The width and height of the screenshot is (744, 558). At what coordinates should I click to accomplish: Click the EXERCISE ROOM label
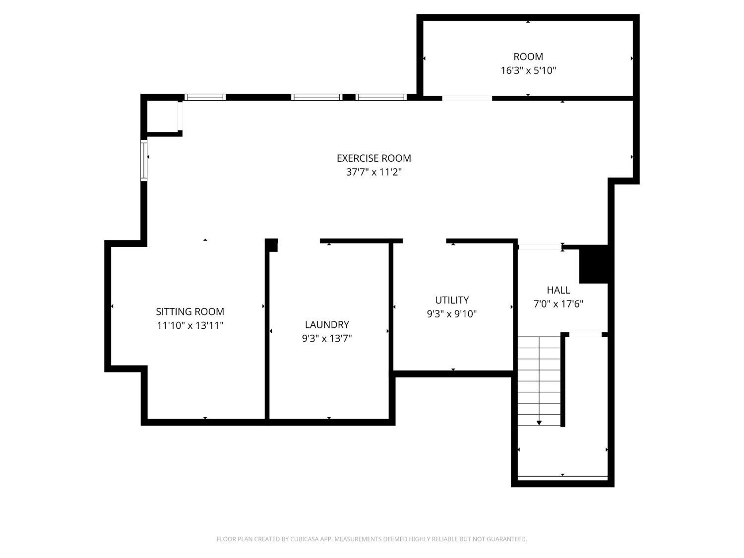tap(373, 158)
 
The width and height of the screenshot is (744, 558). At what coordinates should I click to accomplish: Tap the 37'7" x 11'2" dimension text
tap(373, 172)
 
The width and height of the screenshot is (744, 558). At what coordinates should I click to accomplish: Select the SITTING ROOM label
tap(190, 311)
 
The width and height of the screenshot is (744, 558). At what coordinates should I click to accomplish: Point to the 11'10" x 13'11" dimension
tap(190, 325)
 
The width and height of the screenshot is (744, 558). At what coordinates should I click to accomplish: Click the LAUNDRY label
tap(327, 324)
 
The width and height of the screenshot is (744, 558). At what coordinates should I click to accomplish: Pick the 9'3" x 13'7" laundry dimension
tap(327, 338)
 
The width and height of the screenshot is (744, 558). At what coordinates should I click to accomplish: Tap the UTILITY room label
tap(451, 300)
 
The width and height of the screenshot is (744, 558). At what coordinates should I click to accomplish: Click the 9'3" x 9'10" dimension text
tap(451, 314)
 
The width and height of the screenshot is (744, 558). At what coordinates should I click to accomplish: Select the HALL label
tap(558, 290)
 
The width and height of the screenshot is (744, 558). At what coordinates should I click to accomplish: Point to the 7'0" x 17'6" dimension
tap(558, 304)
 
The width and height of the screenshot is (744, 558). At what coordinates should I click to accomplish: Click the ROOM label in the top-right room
tap(528, 57)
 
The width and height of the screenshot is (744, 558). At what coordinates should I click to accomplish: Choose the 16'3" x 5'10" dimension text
tap(528, 70)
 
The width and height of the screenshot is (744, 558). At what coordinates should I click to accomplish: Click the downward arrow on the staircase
tap(539, 422)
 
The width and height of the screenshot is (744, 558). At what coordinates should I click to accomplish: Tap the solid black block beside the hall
tap(594, 264)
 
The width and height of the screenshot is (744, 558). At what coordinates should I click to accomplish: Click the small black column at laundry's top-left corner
tap(271, 245)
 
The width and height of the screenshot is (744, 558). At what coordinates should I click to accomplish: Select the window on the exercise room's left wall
tap(144, 160)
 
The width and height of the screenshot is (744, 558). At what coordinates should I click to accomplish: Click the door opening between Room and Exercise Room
tap(467, 98)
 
